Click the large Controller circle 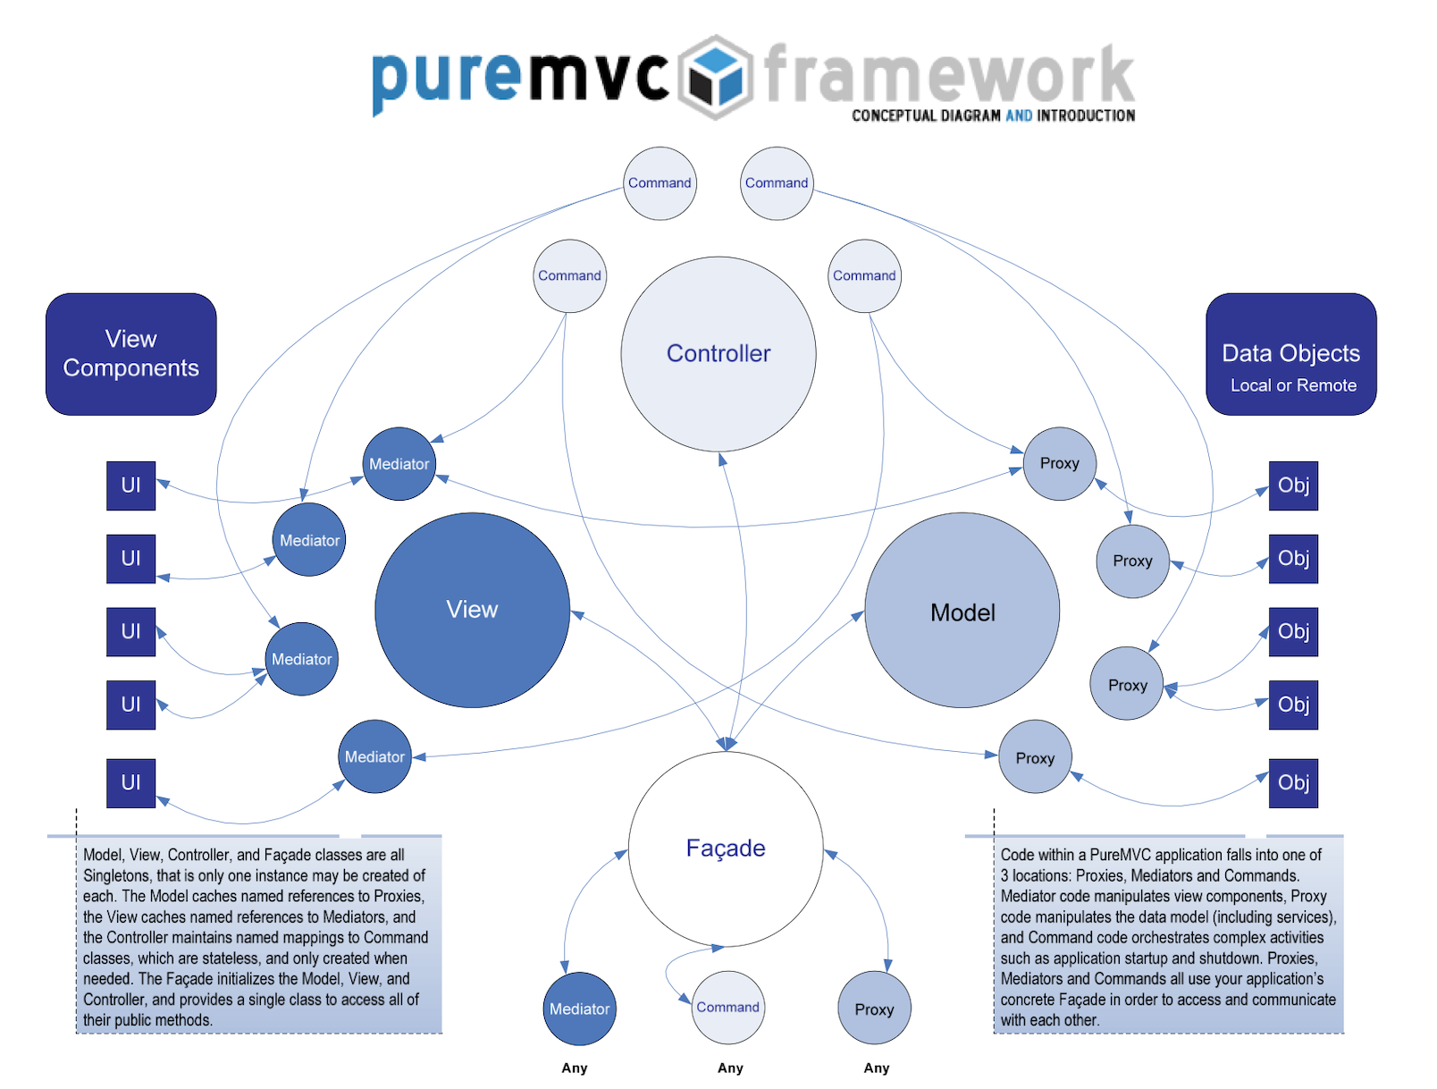718,354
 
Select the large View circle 472,610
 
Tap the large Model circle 962,612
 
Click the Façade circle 725,848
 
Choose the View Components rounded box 130,354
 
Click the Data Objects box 1290,354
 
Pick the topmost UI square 130,485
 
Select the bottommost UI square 130,782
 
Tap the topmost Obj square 1293,485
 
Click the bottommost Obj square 1293,782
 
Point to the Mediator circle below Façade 579,1009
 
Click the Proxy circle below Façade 874,1009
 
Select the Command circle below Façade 727,1008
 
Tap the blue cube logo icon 716,78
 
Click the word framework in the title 949,75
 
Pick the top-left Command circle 660,183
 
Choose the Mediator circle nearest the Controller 399,464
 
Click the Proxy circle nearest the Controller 1059,463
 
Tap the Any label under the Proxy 876,1068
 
